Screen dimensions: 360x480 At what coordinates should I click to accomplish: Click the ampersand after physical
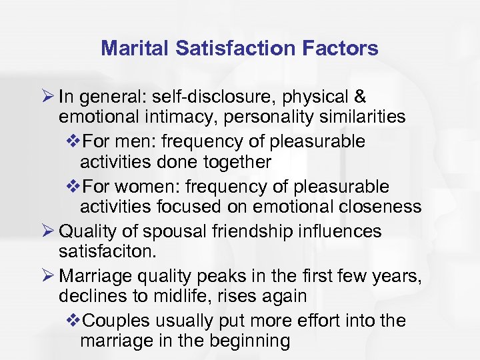coord(359,97)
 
